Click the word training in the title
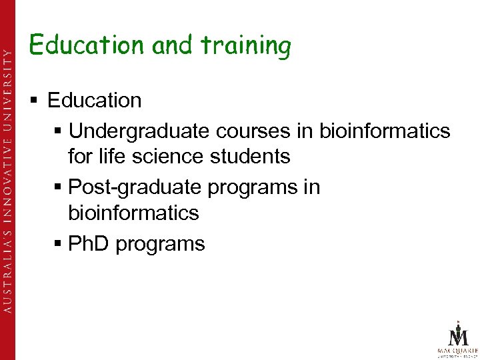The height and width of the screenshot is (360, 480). pyautogui.click(x=246, y=46)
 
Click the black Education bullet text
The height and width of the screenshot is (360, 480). pyautogui.click(x=95, y=101)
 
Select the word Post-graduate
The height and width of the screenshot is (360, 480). pyautogui.click(x=135, y=187)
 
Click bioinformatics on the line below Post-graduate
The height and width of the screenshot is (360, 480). pyautogui.click(x=133, y=213)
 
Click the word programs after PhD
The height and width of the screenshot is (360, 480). pyautogui.click(x=160, y=245)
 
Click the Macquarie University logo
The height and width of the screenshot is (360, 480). pyautogui.click(x=457, y=339)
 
